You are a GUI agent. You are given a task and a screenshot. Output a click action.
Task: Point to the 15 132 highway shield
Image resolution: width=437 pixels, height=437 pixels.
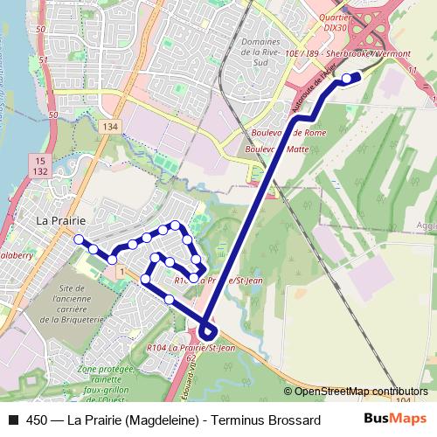click(x=40, y=165)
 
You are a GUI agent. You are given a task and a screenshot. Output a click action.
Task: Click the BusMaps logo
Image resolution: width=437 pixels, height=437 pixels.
click(x=394, y=420)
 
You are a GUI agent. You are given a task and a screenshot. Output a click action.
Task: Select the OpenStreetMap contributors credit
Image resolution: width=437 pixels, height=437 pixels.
click(x=360, y=392)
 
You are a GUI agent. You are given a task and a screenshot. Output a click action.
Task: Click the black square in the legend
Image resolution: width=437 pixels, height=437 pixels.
click(x=12, y=420)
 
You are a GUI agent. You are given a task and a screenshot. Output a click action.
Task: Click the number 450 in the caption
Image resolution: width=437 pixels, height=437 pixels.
click(x=38, y=420)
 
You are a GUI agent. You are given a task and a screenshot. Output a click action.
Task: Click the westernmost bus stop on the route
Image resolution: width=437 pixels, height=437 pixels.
click(x=79, y=239)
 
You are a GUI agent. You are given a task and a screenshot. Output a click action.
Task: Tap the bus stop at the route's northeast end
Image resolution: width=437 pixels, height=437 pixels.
click(x=347, y=79)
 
